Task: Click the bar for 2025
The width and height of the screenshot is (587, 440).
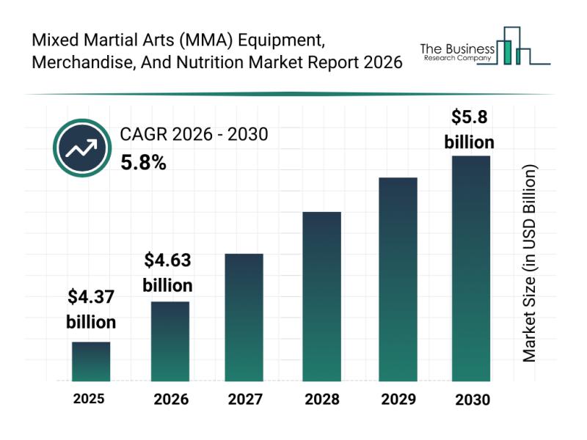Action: [91, 362]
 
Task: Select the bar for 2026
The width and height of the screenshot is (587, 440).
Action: [170, 341]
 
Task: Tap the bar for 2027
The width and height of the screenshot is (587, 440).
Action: [244, 318]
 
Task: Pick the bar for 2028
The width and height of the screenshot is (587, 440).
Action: [322, 296]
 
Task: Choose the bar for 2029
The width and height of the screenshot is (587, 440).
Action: [398, 279]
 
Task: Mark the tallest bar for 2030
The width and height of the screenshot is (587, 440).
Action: [470, 268]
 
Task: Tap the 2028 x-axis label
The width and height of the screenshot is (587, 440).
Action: [322, 400]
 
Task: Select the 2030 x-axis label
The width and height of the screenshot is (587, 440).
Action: [471, 400]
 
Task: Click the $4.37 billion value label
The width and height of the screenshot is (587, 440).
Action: [91, 309]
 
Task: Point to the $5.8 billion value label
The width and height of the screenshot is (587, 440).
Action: [470, 129]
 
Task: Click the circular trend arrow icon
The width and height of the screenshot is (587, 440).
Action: [81, 148]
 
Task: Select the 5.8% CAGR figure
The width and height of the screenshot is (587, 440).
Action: [143, 163]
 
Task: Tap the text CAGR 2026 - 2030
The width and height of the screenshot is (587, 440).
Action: [194, 134]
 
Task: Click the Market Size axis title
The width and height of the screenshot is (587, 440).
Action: [529, 263]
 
